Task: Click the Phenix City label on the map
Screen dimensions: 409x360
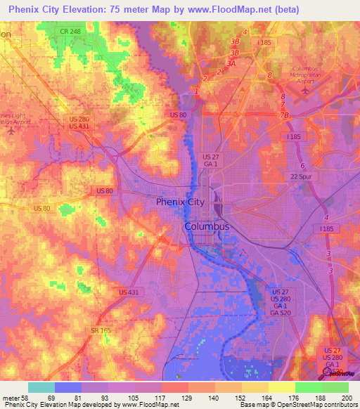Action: click(x=180, y=202)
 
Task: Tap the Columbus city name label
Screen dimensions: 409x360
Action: click(x=207, y=227)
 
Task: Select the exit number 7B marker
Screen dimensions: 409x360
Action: click(x=284, y=115)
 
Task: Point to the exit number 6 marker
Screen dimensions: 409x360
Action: click(x=302, y=166)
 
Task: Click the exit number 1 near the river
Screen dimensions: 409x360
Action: click(x=196, y=91)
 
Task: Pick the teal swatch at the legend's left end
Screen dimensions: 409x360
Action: click(x=41, y=387)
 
